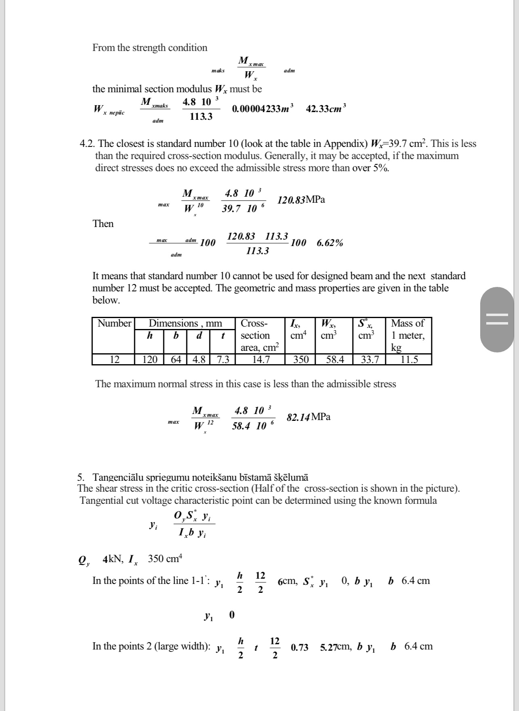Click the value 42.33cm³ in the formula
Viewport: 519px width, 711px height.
click(326, 109)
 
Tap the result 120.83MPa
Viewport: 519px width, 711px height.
click(301, 200)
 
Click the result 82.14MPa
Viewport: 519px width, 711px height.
click(308, 417)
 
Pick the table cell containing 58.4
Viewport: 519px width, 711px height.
click(335, 359)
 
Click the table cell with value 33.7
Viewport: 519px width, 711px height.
click(369, 359)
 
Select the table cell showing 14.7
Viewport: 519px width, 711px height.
click(261, 359)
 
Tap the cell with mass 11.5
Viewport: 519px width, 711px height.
click(409, 359)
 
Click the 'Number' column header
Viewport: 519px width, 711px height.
click(114, 323)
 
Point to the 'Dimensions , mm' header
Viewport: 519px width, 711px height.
click(185, 323)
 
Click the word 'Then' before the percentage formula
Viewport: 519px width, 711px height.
click(103, 224)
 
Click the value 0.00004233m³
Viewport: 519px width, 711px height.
click(263, 109)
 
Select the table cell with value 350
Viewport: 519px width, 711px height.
click(300, 359)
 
